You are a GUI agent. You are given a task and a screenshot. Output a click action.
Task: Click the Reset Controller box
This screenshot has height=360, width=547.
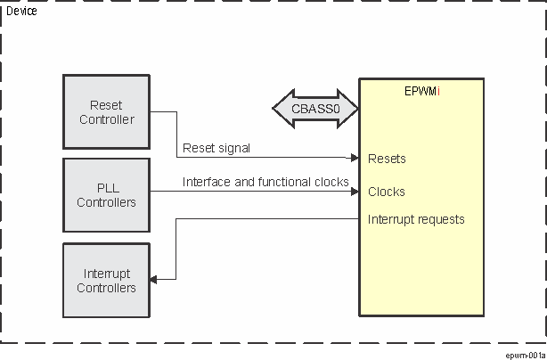pos(107,111)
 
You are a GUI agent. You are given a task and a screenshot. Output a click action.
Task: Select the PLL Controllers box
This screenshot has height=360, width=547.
pos(107,194)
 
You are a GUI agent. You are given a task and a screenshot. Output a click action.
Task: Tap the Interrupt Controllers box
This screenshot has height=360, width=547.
pos(107,280)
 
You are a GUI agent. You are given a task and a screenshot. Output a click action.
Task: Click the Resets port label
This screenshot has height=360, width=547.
pos(387,160)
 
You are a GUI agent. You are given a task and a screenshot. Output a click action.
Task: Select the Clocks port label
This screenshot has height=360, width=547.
pos(387,192)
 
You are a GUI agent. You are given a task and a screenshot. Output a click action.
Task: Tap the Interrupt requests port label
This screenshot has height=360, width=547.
pos(416,219)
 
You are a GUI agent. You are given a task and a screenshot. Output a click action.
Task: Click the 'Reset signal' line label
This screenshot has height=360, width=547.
pos(216,148)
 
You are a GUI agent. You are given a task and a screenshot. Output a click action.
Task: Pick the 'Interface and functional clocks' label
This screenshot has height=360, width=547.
pos(265,182)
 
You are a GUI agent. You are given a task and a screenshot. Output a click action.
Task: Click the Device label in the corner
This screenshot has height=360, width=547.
pos(21,11)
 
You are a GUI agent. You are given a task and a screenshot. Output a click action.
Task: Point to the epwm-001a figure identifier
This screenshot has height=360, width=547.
pos(524,354)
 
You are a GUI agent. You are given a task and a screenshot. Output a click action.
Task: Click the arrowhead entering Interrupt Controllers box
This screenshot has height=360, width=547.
pos(154,280)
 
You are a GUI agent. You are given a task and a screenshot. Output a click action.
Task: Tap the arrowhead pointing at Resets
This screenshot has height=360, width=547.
pos(355,159)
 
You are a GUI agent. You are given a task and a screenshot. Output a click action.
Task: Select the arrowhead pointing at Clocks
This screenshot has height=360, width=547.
pos(355,191)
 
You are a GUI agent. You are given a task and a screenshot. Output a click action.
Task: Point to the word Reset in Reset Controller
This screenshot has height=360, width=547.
pos(107,105)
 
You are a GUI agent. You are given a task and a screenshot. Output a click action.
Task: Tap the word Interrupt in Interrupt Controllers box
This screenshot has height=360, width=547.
pos(107,274)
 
